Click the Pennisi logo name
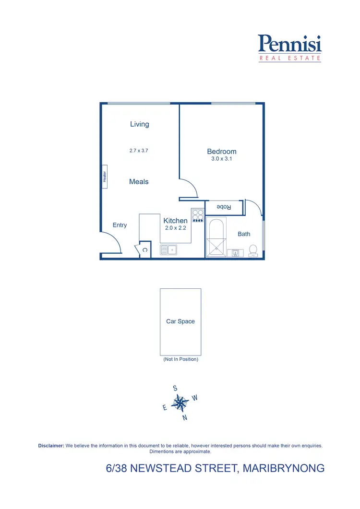(289, 44)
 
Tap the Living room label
(140, 124)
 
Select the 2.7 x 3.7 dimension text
(139, 151)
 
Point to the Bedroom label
(222, 152)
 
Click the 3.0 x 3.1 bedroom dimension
(222, 159)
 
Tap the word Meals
(139, 182)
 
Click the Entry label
(120, 225)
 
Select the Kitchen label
(175, 221)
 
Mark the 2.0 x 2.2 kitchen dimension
(175, 228)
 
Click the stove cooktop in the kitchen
(198, 215)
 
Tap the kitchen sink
(168, 249)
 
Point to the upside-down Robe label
(224, 207)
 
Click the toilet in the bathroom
(253, 250)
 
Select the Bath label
(244, 234)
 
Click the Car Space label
(180, 321)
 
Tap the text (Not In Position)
(180, 359)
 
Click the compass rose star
(180, 403)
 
